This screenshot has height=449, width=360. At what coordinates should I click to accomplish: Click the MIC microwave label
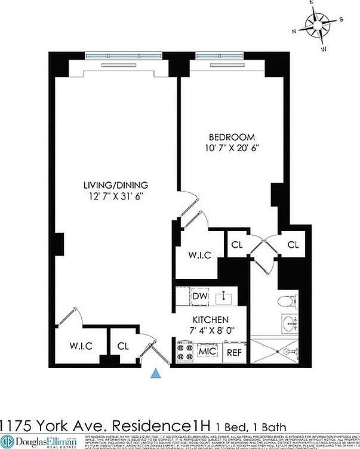click(207, 352)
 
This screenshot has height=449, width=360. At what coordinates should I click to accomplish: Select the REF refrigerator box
click(234, 352)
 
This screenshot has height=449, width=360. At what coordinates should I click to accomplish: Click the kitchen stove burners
click(183, 352)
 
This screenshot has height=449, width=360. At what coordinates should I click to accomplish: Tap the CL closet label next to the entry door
click(123, 346)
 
